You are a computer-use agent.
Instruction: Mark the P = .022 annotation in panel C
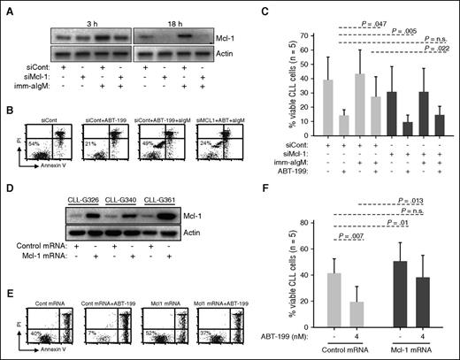[428, 50]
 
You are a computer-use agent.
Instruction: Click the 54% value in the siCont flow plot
[34, 144]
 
